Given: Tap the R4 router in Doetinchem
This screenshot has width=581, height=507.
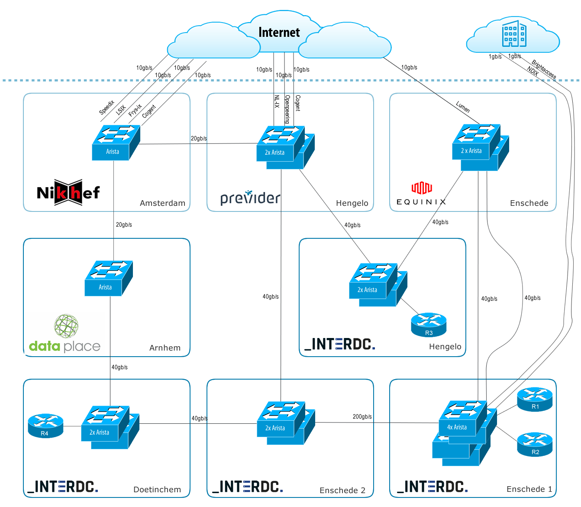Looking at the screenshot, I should point(45,426).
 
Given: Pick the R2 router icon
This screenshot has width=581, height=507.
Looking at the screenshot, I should point(535,445).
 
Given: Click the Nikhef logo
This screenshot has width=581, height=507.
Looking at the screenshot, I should point(68,192).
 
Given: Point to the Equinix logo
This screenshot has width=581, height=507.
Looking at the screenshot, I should point(421,194).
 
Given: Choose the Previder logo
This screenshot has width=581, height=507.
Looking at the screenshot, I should point(250,198).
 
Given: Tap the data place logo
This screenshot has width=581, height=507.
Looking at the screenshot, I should point(65,334).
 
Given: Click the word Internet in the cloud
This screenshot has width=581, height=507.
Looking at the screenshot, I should point(279,32).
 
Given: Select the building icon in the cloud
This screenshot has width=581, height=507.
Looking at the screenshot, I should point(514,33).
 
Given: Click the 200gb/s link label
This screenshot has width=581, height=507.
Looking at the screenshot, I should point(362,417).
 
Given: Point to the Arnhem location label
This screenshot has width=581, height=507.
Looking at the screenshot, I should point(165,348).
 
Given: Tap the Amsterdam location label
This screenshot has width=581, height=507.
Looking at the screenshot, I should point(162,203).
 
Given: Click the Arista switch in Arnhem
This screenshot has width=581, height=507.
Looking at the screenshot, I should point(109,279).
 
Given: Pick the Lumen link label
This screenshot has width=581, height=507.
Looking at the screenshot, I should point(463,107).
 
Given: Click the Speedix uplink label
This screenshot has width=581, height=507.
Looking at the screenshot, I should point(107,107).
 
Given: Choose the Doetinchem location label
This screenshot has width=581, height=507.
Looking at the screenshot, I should point(157,490).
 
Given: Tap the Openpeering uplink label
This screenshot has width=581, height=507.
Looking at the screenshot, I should point(287,109).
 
